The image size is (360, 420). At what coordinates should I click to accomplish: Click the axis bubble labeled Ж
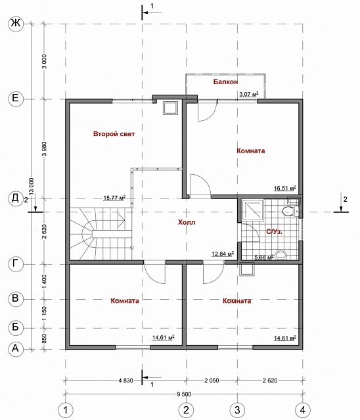point(16,24)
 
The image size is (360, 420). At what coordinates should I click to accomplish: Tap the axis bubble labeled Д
point(16,198)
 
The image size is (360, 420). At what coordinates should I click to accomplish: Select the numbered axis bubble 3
point(237,410)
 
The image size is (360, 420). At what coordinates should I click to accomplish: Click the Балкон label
point(225,82)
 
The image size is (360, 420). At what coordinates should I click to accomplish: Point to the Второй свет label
point(114,133)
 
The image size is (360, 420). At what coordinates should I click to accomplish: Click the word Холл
point(187,222)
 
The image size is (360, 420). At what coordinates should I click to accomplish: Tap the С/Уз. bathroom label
point(274,232)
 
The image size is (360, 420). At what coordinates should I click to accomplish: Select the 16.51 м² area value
point(285,188)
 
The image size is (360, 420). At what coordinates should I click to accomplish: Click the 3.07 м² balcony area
point(249,94)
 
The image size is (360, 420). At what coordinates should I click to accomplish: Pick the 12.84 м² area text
point(223,254)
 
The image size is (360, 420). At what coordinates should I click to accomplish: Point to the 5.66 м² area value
point(263,257)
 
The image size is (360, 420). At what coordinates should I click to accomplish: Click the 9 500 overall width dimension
point(184,394)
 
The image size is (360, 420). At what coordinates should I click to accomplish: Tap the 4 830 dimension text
point(125,381)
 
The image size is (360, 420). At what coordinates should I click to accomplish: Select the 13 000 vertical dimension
point(32,187)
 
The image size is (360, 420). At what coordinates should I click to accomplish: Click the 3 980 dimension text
point(44,149)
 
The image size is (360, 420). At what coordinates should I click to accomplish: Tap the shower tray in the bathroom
point(253,210)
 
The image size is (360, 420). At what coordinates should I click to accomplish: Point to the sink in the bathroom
point(281,255)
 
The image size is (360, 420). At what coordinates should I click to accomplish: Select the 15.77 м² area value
point(114,198)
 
